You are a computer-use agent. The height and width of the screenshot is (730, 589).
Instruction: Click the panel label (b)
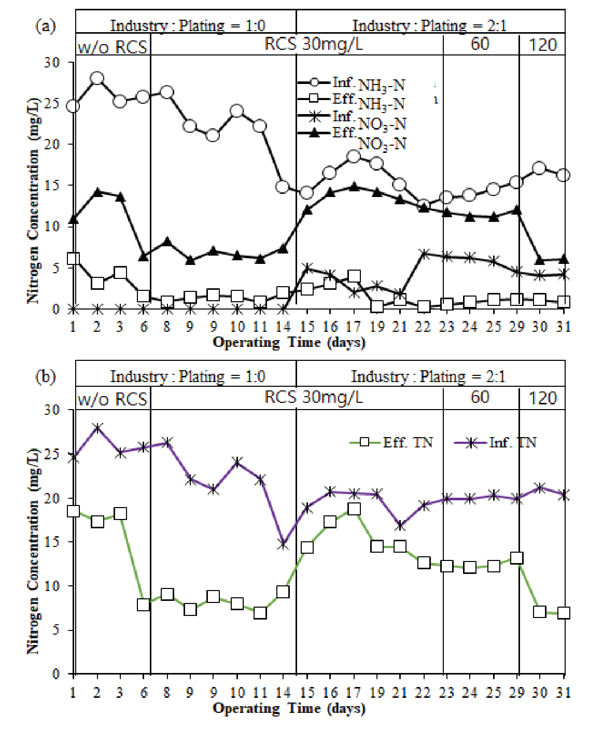(45, 376)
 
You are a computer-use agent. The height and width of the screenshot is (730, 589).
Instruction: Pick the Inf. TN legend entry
(495, 442)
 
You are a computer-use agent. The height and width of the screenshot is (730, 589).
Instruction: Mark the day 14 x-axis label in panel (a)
(283, 327)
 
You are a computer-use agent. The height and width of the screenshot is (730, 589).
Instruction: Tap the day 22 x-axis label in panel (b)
(424, 692)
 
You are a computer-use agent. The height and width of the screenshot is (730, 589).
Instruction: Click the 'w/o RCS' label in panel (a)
(112, 48)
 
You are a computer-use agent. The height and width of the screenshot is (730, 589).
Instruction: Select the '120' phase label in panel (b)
(542, 398)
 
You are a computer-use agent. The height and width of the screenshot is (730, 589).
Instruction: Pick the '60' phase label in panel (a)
(480, 44)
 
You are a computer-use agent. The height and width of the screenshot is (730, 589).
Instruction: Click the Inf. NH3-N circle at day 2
(97, 79)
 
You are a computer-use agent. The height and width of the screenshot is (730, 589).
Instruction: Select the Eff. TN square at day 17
(354, 509)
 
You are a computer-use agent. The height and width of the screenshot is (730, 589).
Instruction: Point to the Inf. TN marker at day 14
(283, 544)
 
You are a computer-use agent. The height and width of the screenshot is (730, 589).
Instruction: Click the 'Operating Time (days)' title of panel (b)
(289, 708)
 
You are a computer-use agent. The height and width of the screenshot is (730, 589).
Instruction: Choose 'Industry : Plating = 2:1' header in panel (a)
(429, 25)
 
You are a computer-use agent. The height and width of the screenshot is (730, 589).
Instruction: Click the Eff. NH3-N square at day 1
(73, 259)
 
